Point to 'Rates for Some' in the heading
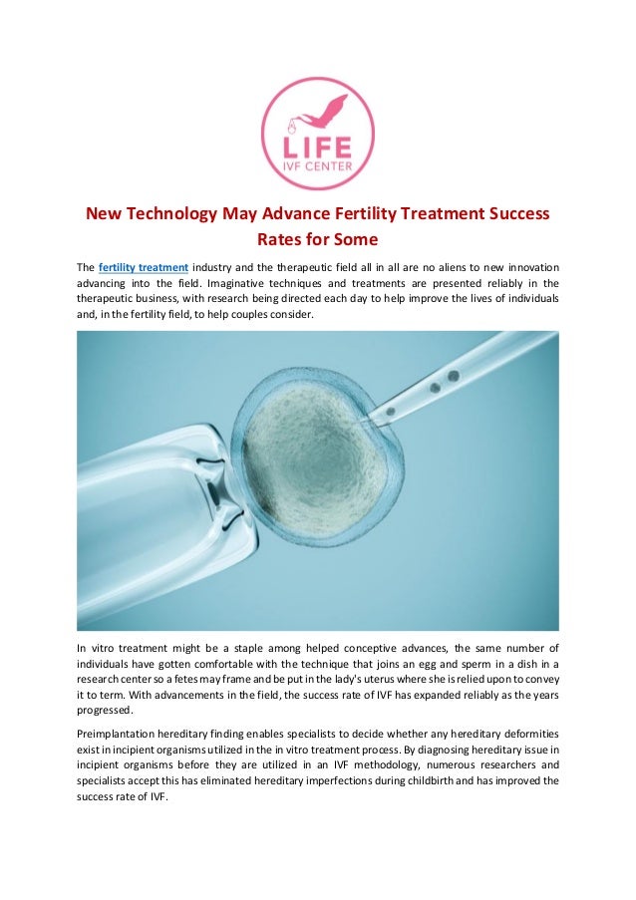point(317,240)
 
